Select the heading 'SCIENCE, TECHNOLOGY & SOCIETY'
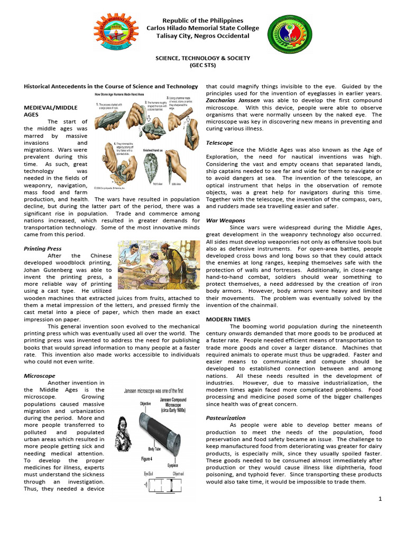pos(203,58)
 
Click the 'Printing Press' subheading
pos(43,248)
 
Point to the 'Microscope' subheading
pos(40,375)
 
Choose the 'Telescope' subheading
pos(219,143)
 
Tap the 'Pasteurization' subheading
pos(226,417)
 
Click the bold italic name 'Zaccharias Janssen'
pos(232,100)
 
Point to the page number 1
pos(380,499)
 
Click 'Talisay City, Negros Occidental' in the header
pos(203,36)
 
